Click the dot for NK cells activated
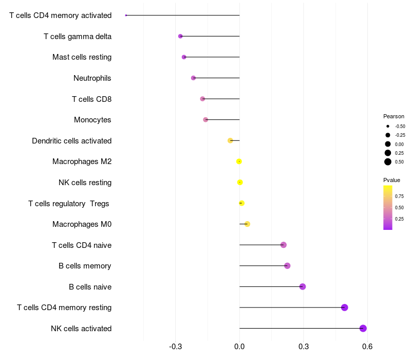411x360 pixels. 363,328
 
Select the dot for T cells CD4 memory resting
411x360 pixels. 345,308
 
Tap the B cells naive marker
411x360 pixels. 303,286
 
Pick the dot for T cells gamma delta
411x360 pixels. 180,36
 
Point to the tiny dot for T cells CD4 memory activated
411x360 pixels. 126,15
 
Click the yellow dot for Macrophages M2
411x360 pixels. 239,161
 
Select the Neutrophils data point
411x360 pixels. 193,78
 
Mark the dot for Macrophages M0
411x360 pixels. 247,224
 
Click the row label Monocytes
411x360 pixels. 92,120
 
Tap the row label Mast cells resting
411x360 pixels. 82,57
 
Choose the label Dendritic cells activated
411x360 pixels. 72,141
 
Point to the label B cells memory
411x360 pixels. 85,266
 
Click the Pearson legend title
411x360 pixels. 394,116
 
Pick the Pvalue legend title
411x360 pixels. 391,180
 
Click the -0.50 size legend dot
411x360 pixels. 388,126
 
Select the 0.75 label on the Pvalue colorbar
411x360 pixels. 399,196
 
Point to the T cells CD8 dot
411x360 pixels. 202,99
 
